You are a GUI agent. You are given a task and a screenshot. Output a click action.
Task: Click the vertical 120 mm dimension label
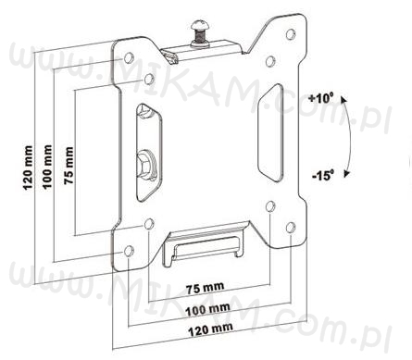coord(28,168)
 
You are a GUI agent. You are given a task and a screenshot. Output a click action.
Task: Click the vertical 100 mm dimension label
coord(47,167)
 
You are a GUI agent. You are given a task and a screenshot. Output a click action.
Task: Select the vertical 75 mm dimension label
coord(69,166)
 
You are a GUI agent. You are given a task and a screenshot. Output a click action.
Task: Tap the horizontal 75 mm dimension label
coord(205,288)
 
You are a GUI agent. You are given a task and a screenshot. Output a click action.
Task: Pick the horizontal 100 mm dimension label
coord(207,310)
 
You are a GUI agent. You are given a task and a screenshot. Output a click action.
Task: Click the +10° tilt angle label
coord(321,99)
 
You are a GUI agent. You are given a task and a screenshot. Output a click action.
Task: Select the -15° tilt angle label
coord(323,176)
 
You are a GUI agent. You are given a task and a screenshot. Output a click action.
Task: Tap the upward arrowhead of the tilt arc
coord(343,99)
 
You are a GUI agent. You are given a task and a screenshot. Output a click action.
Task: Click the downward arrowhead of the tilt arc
coord(346,173)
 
